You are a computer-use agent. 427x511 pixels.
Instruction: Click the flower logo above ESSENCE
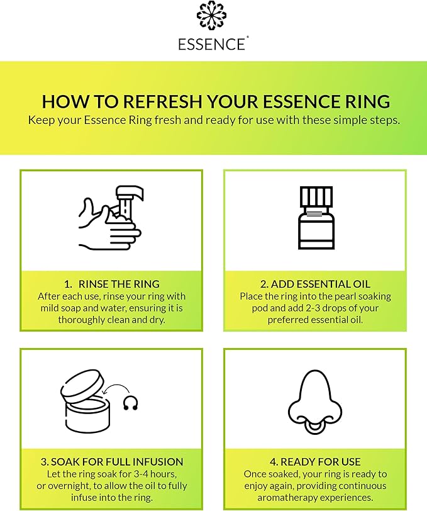[213, 16]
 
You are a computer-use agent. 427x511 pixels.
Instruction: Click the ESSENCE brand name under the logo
[213, 44]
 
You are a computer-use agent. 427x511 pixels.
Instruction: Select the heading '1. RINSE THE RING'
[111, 283]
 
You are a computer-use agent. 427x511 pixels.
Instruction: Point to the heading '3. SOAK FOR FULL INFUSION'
[111, 461]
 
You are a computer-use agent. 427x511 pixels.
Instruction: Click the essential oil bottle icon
[316, 218]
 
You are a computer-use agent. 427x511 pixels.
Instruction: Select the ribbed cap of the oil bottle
[316, 196]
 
